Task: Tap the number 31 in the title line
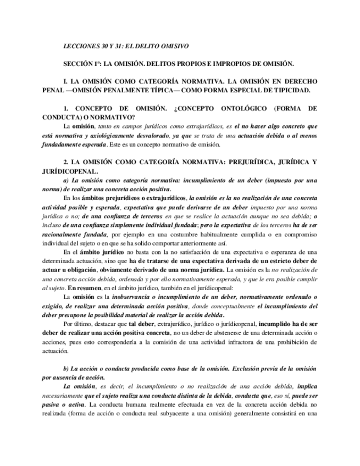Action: coord(118,47)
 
